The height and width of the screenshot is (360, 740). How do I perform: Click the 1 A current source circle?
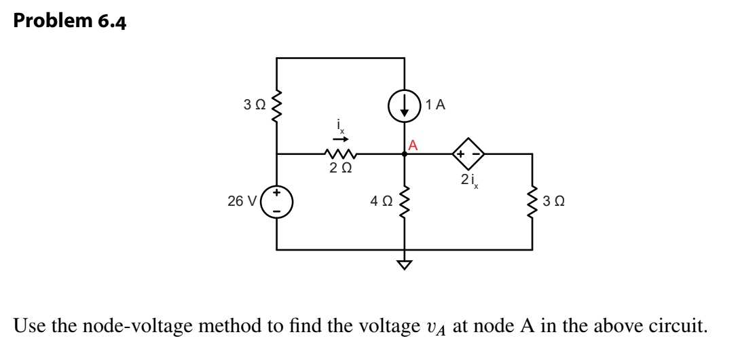(405, 106)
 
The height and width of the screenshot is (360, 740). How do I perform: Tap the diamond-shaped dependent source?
(468, 154)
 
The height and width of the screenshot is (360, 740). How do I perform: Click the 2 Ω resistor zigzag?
(340, 154)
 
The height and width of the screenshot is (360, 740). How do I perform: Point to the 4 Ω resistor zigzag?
(405, 201)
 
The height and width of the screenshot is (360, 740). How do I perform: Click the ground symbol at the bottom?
(405, 264)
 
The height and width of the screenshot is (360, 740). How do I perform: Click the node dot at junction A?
(405, 154)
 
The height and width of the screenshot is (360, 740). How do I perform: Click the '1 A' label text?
(435, 105)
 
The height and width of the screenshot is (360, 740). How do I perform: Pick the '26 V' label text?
(242, 201)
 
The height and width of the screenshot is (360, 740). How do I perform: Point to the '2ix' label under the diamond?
(468, 180)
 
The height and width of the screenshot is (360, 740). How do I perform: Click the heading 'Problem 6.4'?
(69, 22)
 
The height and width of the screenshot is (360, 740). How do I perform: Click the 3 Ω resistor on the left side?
(277, 105)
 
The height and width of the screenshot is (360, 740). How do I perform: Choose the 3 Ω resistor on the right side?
(532, 201)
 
